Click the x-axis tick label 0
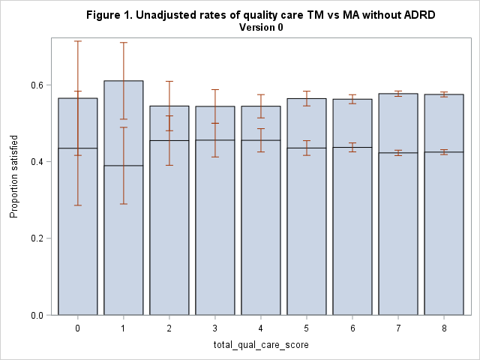[77, 328]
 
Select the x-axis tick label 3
[214, 328]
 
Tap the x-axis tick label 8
[444, 328]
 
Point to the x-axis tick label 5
[307, 328]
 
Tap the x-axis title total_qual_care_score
[260, 343]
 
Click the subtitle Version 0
[260, 27]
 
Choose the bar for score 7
[398, 225]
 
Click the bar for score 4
[260, 225]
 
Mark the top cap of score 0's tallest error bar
[77, 41]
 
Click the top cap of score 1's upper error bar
[123, 43]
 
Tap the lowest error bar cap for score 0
[77, 205]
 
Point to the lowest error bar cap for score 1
[123, 203]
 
